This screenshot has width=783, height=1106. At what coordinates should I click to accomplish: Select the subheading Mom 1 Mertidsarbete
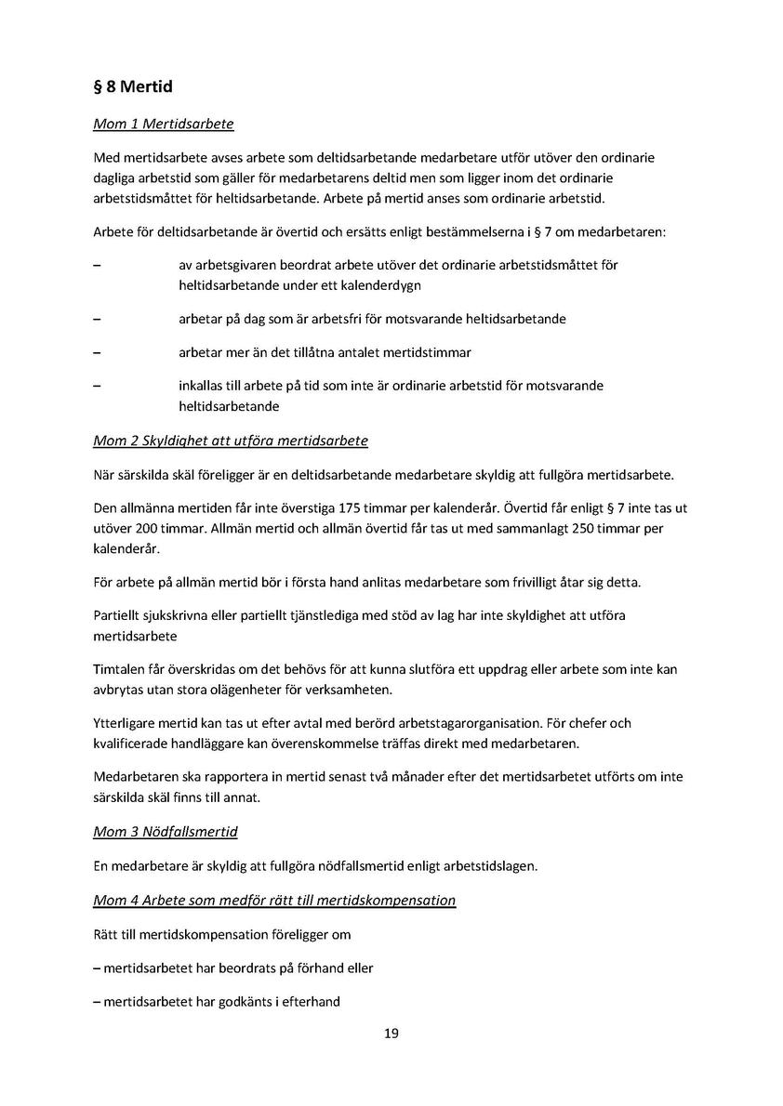[164, 124]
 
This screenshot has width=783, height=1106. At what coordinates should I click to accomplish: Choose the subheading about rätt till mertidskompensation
[274, 900]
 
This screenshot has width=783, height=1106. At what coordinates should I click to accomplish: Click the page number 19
[391, 1034]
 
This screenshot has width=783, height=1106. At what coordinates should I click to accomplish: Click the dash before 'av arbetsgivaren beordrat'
[98, 266]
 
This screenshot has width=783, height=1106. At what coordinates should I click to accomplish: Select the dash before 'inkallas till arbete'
[98, 386]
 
